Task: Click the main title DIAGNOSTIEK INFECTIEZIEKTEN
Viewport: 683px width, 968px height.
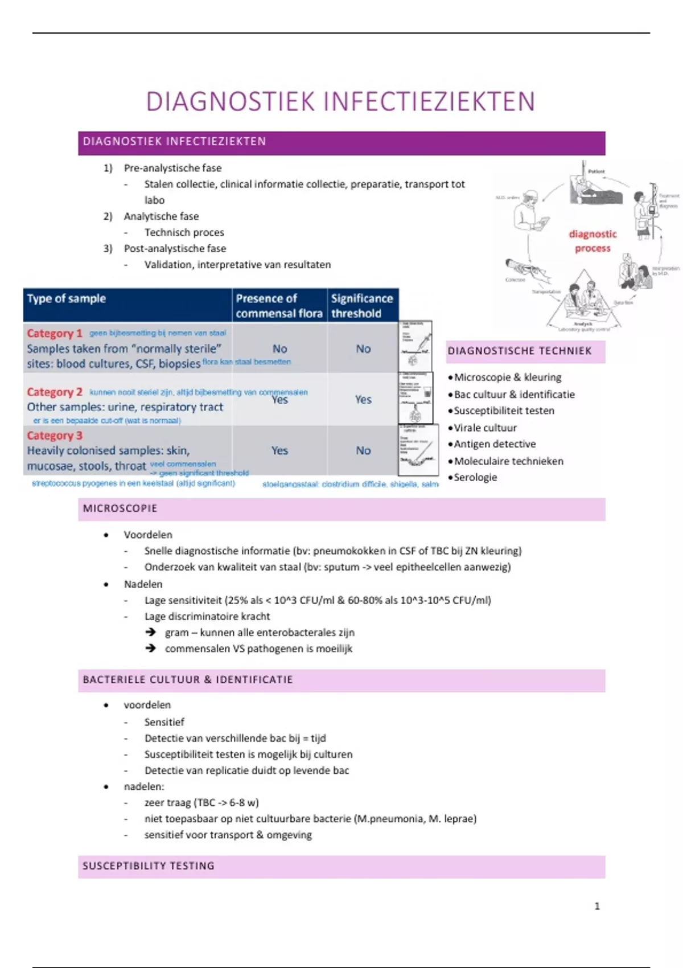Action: click(340, 102)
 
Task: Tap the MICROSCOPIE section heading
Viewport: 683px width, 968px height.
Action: click(120, 508)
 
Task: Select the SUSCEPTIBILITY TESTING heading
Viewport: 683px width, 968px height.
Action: click(149, 866)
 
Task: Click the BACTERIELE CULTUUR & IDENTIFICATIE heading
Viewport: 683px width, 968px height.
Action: click(188, 680)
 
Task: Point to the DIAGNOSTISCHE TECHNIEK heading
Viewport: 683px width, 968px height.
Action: click(520, 351)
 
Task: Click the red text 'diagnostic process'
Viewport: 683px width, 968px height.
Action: click(593, 241)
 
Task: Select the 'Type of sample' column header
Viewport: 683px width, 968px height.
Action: click(67, 299)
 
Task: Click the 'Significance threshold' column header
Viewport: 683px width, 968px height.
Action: click(362, 306)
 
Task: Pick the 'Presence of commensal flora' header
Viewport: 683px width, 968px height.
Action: click(279, 306)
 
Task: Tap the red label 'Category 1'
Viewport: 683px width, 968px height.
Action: click(55, 333)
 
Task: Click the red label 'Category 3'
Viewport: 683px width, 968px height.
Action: click(55, 436)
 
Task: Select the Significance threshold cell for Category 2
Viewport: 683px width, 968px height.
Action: click(363, 400)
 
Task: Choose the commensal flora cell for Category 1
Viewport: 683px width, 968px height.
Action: click(279, 349)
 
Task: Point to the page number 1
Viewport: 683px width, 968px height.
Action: click(597, 906)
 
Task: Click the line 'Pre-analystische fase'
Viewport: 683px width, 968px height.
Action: click(172, 168)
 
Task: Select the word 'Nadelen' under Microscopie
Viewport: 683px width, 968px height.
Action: click(143, 584)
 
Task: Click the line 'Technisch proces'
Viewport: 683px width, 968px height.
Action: click(184, 232)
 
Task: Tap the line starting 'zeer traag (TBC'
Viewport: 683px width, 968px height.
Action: click(201, 803)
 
